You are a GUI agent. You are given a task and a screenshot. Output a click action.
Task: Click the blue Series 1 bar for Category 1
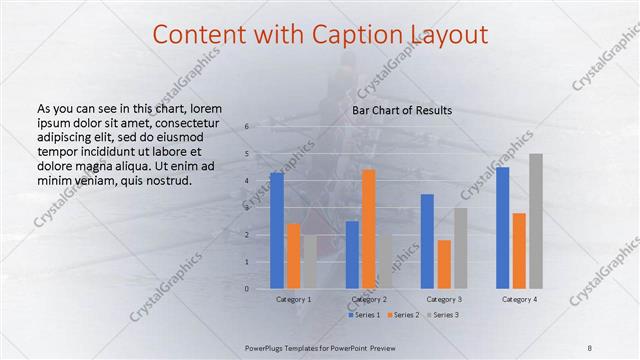(x=277, y=231)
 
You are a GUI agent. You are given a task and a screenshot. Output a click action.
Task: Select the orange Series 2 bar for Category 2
(x=368, y=229)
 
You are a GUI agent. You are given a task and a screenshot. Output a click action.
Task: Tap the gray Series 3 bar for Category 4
(x=536, y=221)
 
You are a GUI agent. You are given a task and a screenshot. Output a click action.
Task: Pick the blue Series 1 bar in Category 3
(x=427, y=241)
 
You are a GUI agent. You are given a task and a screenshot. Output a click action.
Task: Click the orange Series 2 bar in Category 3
(x=444, y=264)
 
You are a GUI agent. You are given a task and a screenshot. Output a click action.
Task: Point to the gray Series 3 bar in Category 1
(x=310, y=262)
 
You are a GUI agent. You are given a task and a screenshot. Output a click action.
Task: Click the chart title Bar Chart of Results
(x=402, y=110)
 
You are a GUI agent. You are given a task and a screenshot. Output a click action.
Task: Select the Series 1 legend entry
(x=361, y=315)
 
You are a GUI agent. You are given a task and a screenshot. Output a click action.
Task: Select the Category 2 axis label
(x=369, y=299)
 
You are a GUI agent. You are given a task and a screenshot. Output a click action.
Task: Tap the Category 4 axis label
(x=519, y=299)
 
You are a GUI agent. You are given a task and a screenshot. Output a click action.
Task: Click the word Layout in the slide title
(x=444, y=35)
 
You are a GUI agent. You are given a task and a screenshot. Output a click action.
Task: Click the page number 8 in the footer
(x=590, y=347)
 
